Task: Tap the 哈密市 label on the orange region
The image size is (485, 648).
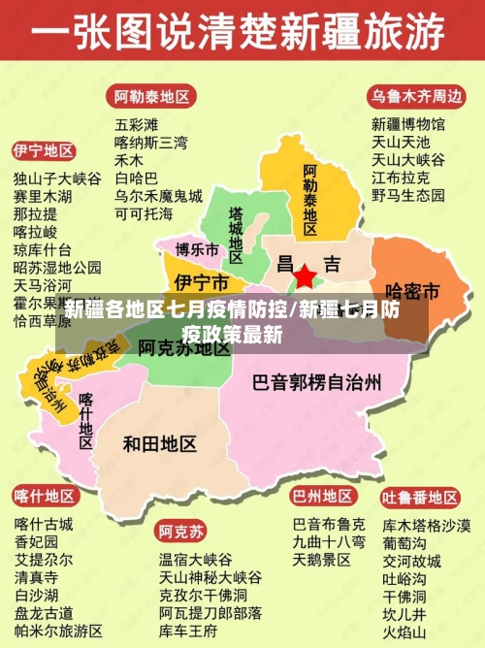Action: coord(413,290)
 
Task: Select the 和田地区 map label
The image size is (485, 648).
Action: coord(160,443)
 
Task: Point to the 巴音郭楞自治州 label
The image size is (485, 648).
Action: coord(316,381)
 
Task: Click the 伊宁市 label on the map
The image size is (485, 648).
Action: coord(201,282)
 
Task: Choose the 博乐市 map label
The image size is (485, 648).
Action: coord(197,249)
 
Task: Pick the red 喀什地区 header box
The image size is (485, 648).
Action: coord(44,496)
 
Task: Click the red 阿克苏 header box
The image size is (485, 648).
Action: coord(181,532)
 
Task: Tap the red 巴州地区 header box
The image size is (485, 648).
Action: coord(322,496)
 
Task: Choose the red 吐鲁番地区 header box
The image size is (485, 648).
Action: coord(419,498)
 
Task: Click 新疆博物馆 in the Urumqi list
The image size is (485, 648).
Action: coord(408,124)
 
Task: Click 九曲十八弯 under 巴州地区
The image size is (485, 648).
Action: coord(329,541)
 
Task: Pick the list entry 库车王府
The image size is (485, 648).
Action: coord(189,631)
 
